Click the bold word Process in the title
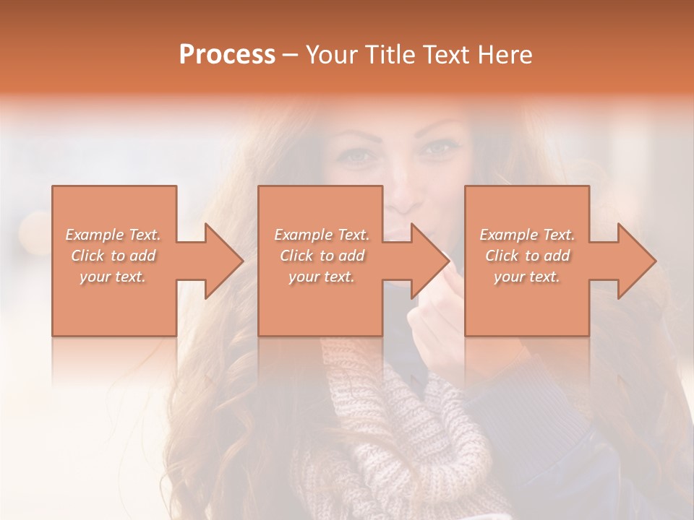227,55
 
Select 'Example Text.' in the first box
113,235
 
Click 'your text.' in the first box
113,277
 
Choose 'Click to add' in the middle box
322,256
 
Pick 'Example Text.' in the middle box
322,235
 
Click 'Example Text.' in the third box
527,235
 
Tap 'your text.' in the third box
527,277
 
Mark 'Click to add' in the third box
527,256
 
